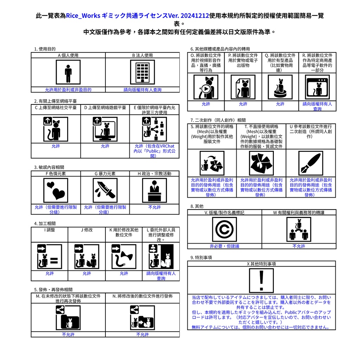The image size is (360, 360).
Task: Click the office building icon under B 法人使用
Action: pos(142,72)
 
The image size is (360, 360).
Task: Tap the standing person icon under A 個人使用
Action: pos(68,72)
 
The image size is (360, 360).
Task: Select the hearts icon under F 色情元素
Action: pos(56,190)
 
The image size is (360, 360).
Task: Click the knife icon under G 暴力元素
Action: pos(105,190)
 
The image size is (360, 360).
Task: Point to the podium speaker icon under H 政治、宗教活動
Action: pos(154,190)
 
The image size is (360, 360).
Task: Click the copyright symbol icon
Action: pos(224,229)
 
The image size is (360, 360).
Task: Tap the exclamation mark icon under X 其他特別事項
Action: pos(261,280)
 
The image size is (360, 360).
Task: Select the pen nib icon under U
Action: pos(310,163)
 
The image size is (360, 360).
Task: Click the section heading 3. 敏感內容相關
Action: pos(49,167)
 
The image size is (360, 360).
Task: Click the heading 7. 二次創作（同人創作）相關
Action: pos(218,120)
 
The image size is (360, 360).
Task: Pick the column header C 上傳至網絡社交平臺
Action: pos(56,108)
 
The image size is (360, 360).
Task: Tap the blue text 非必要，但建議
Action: pos(224,246)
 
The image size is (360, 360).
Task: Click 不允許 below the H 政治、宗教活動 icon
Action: pos(154,207)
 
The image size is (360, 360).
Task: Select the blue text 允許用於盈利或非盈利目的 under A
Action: pos(68,90)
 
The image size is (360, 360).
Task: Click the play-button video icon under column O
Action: pos(206,87)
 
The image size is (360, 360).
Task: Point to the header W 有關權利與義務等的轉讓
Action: pos(299,212)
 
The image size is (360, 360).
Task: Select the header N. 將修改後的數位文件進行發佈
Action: pos(142,296)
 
